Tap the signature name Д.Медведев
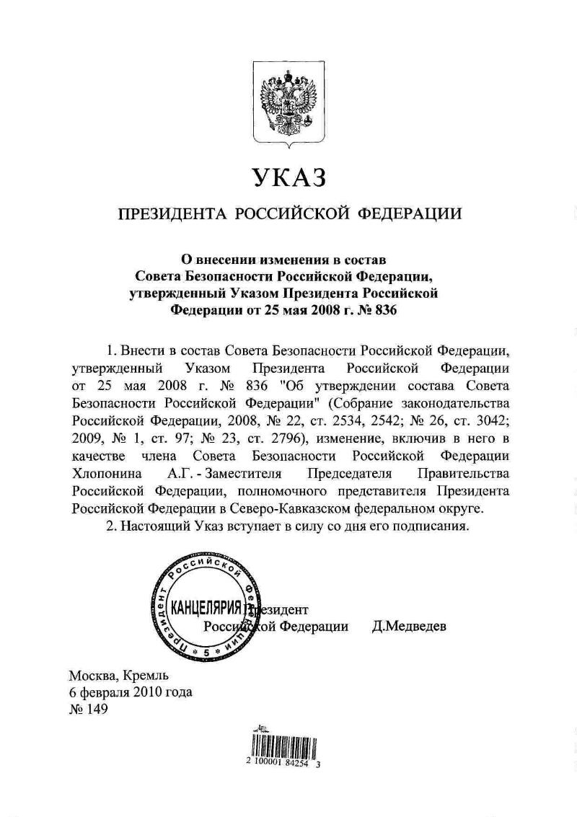pyautogui.click(x=410, y=626)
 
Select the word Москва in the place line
pyautogui.click(x=93, y=676)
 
